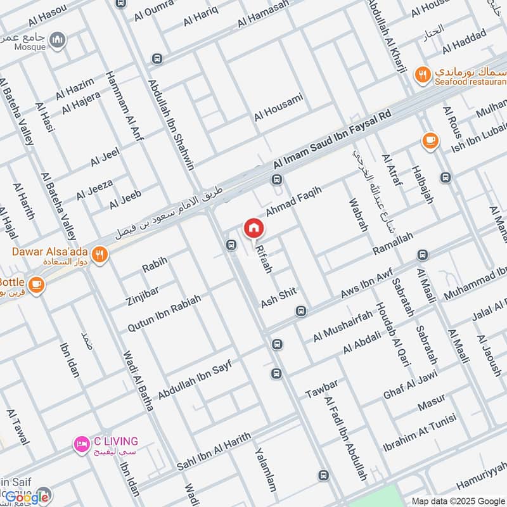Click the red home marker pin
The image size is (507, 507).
point(253,228)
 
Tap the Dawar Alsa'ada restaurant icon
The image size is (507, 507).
point(99,255)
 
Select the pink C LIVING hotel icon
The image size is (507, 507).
point(80,444)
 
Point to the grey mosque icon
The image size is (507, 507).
point(59,41)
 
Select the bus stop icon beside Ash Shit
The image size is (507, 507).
point(301,311)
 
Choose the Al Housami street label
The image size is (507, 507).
point(279,107)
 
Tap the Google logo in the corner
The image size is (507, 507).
point(27,497)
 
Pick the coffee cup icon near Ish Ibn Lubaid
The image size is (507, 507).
point(430,140)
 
